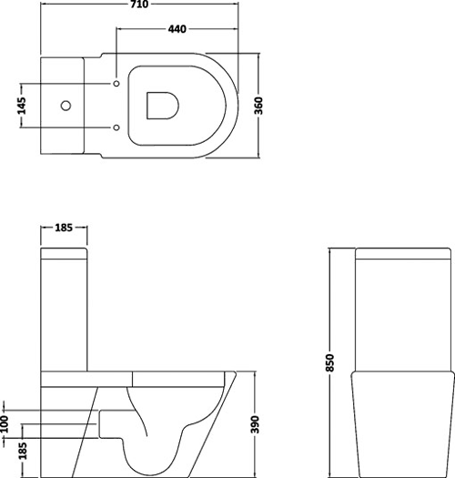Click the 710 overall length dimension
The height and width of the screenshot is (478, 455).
(139, 4)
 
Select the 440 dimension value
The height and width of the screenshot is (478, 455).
(177, 29)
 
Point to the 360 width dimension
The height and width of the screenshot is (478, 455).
(258, 106)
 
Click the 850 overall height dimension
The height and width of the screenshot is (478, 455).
(330, 362)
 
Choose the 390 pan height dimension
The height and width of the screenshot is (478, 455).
(255, 424)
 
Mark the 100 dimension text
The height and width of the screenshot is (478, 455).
(5, 423)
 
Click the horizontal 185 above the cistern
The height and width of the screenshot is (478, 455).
(64, 228)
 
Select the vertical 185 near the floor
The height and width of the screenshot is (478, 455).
(23, 451)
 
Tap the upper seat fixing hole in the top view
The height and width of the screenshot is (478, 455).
(116, 84)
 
